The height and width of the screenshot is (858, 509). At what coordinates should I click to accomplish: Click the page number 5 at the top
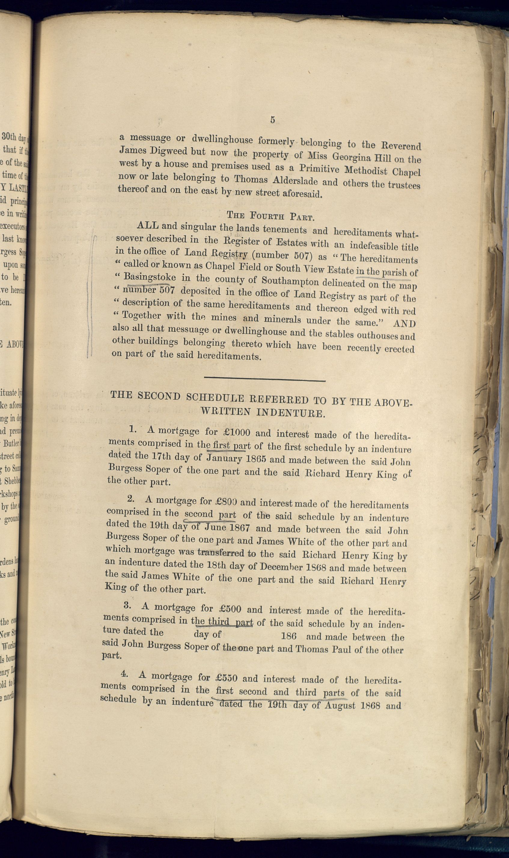pos(272,120)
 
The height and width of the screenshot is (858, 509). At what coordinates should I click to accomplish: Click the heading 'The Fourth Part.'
pos(270,216)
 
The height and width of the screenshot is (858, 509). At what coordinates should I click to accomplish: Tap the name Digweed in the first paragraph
pos(168,152)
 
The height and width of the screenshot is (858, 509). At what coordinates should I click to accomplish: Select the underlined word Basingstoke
pos(150,277)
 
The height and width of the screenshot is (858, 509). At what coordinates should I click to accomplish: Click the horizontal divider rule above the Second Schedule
pos(264,379)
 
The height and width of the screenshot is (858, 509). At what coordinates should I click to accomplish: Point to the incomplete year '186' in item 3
pos(289,636)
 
